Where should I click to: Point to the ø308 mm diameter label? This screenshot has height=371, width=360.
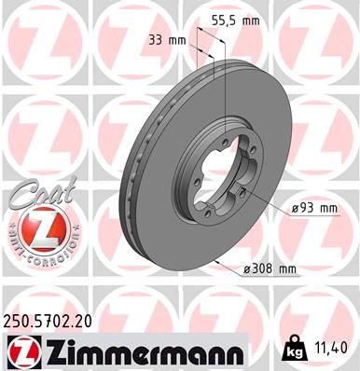[268, 269]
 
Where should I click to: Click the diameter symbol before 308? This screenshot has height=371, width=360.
[247, 269]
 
